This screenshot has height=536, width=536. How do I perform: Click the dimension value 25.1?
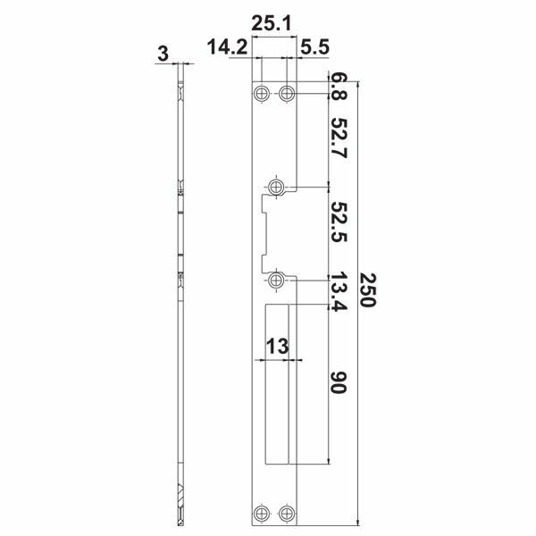(x=272, y=25)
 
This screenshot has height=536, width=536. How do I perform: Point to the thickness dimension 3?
(x=162, y=54)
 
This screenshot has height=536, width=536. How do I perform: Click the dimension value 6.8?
(x=338, y=87)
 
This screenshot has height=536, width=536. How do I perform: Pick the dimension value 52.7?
(x=338, y=138)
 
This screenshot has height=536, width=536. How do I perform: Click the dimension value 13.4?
(x=338, y=294)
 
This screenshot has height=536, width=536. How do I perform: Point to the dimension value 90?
(x=338, y=385)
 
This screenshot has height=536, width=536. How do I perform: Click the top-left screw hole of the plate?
(x=262, y=93)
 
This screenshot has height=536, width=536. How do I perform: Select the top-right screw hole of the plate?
(x=287, y=93)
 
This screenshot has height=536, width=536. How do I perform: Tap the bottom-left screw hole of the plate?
(x=262, y=513)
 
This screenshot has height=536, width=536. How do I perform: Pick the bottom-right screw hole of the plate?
(x=287, y=513)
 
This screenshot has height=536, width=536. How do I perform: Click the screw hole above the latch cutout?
(x=277, y=187)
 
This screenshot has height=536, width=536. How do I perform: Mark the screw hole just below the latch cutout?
(x=277, y=281)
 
